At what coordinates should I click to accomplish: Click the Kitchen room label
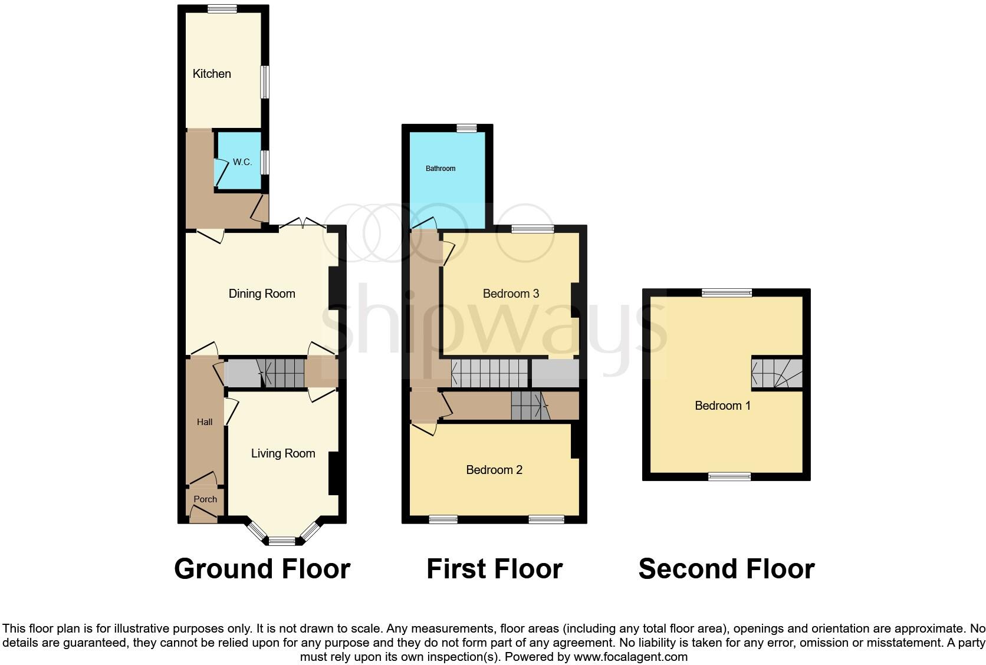[x=212, y=74]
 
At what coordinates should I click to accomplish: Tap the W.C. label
[x=242, y=162]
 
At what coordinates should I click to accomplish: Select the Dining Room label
[x=262, y=294]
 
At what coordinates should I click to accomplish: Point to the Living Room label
[x=283, y=453]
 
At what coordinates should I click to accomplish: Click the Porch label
[x=205, y=499]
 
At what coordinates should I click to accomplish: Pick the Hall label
[x=205, y=422]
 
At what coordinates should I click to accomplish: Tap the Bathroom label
[x=441, y=169]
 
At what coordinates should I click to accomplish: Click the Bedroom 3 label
[x=511, y=294]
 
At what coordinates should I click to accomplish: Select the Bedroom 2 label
[x=494, y=470]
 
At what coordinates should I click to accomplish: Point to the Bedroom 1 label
[x=722, y=406]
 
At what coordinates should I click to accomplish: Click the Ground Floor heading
[x=262, y=569]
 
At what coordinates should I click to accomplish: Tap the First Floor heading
[x=494, y=569]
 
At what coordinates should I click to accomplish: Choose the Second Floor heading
[x=727, y=569]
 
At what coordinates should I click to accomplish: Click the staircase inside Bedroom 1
[x=777, y=374]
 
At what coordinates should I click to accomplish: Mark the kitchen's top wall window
[x=222, y=8]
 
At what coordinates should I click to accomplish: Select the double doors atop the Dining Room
[x=303, y=225]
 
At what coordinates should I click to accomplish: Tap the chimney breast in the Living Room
[x=334, y=473]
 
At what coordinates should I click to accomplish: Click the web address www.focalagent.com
[x=630, y=657]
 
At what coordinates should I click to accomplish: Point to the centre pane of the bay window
[x=282, y=541]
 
